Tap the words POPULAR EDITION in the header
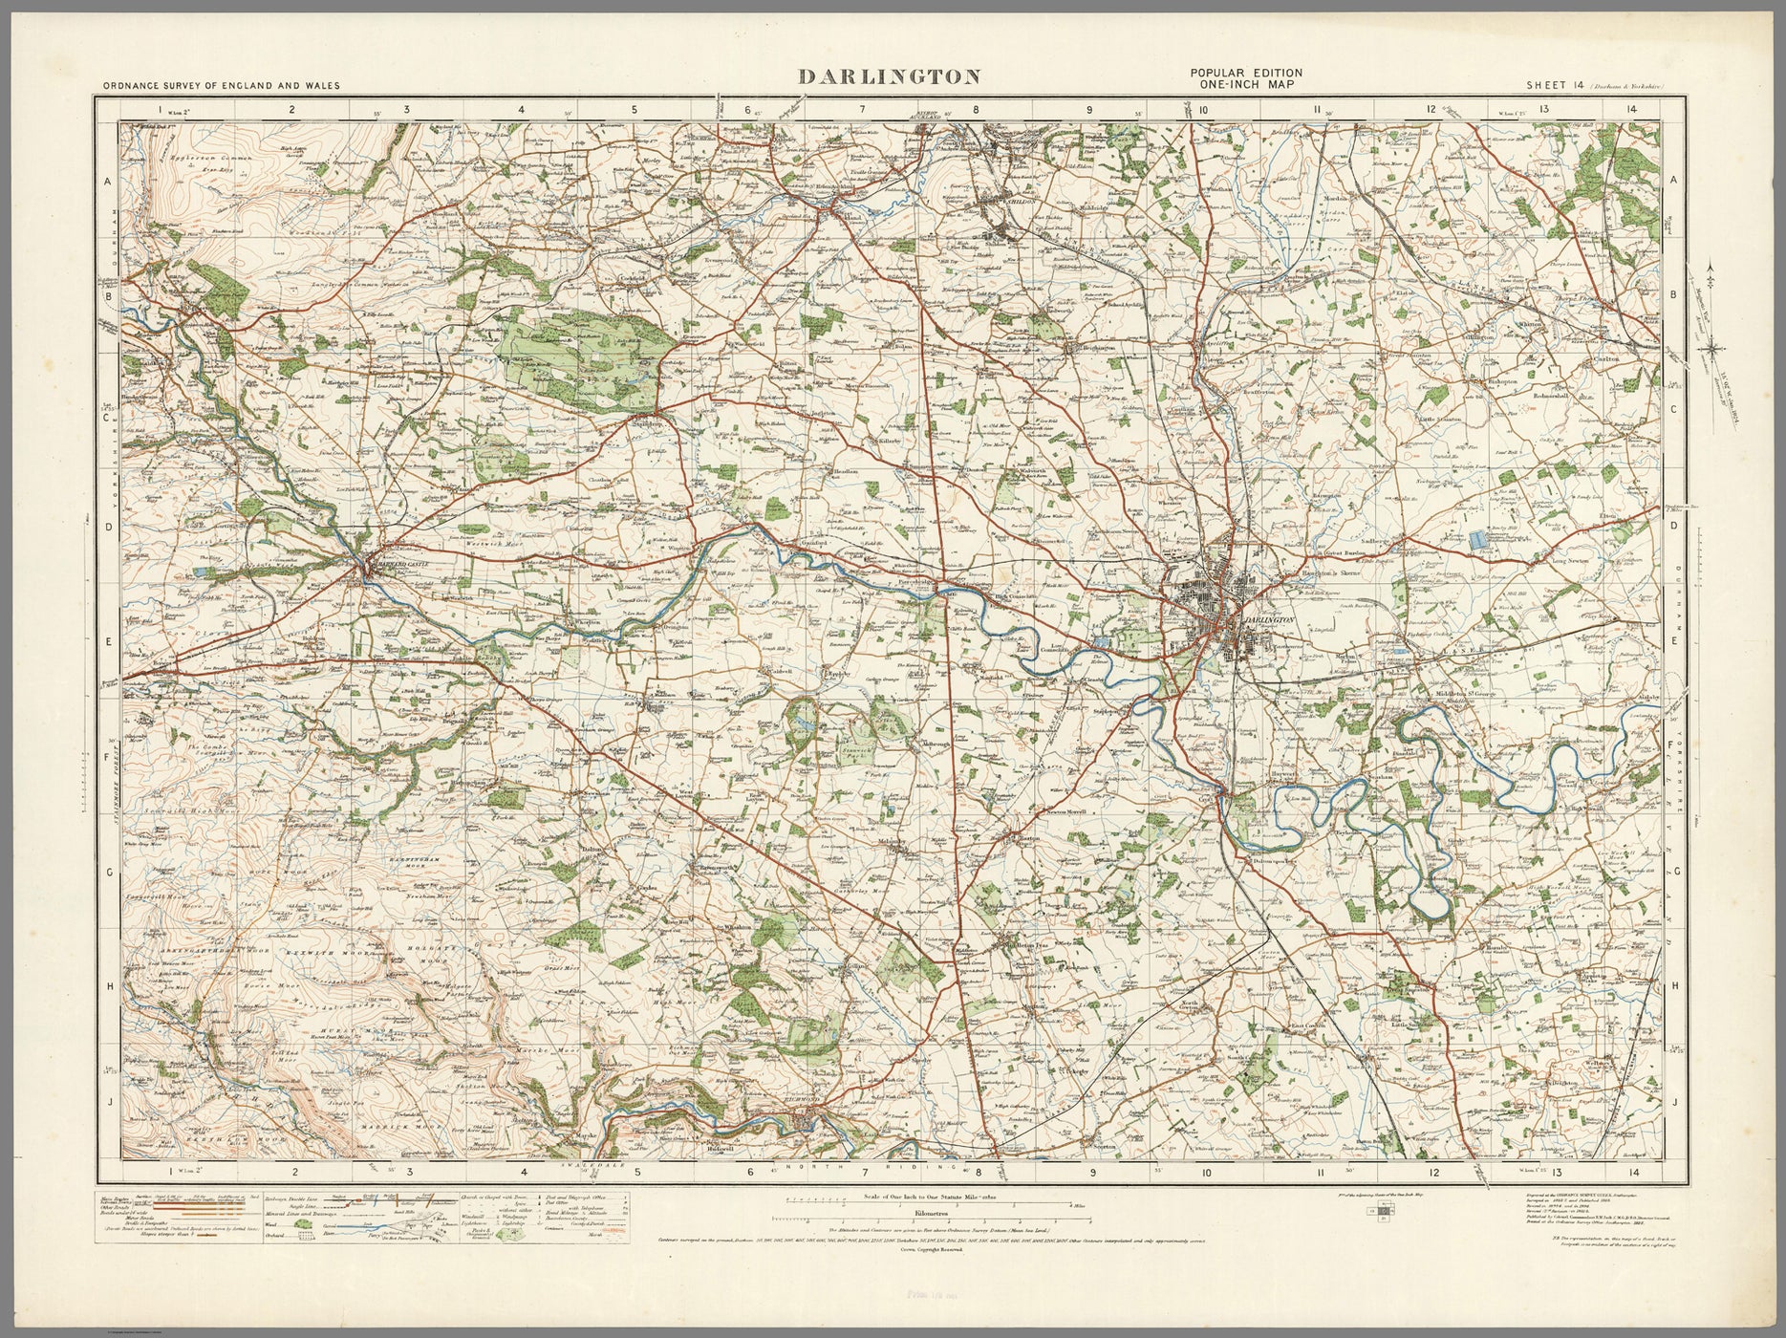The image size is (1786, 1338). click(x=1244, y=74)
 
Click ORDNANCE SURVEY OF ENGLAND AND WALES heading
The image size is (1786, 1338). click(x=221, y=85)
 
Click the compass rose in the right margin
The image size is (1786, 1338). click(x=1718, y=347)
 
